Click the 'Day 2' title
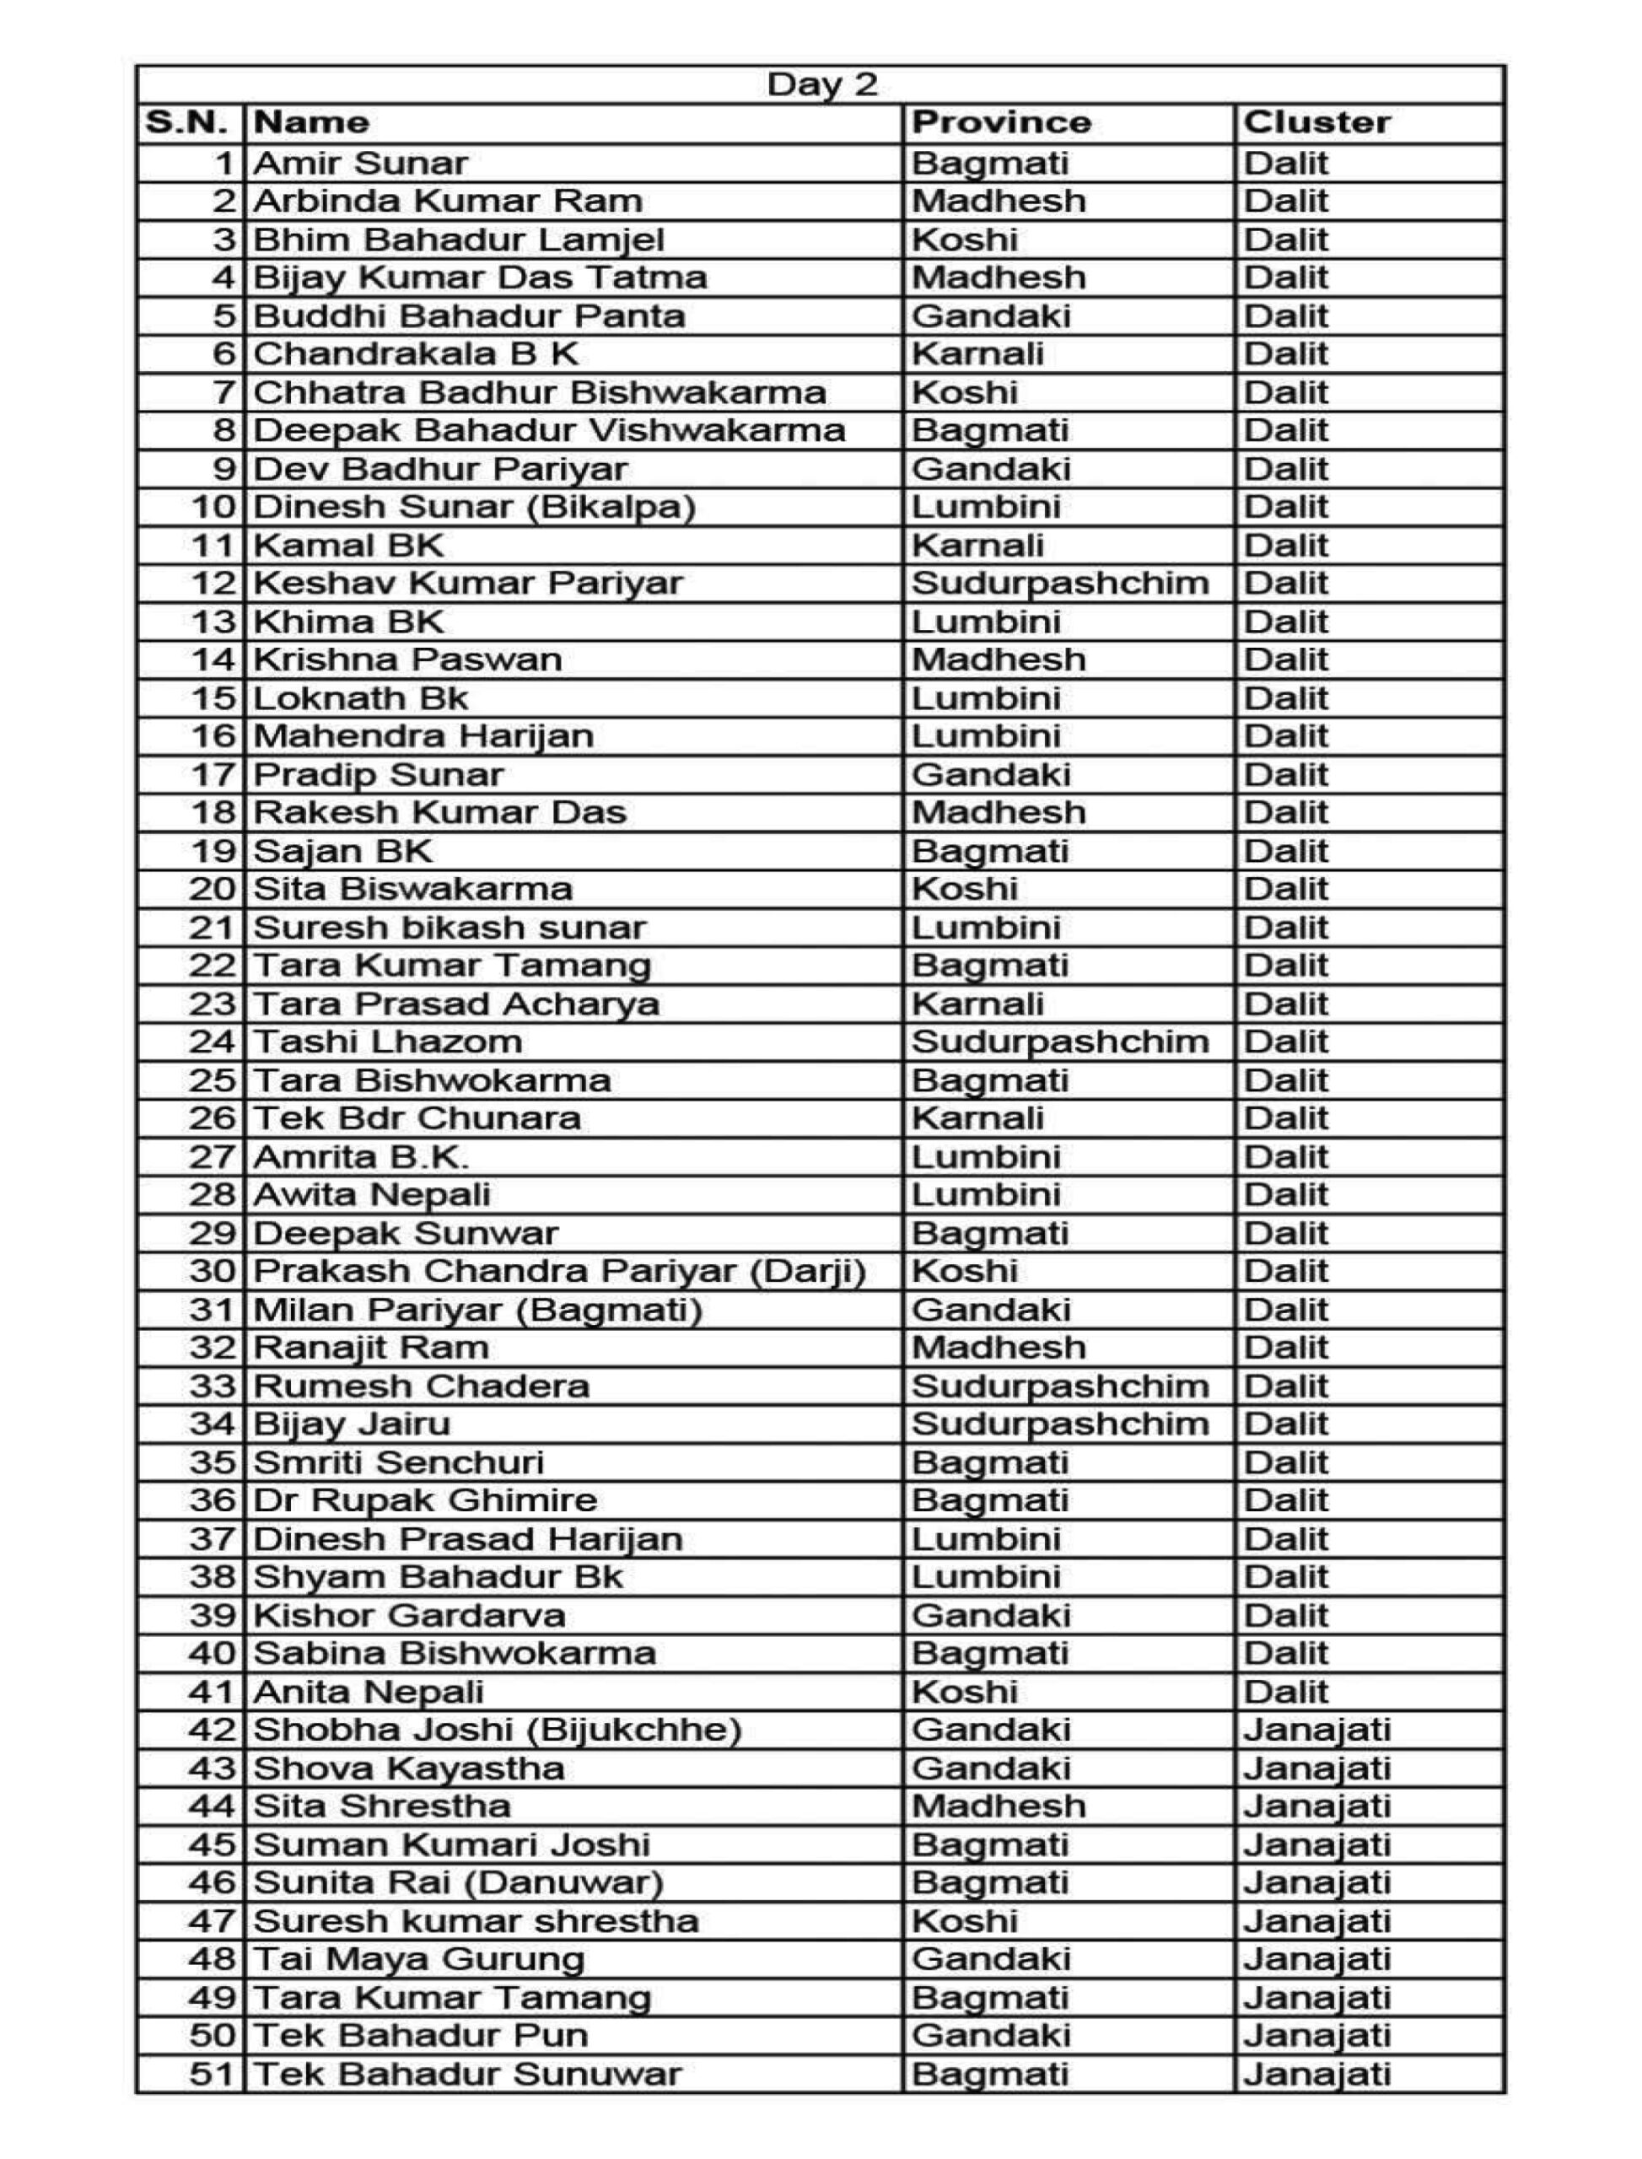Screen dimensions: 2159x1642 pos(821,85)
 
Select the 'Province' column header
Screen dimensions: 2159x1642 pos(1000,123)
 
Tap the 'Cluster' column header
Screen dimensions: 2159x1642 pos(1316,123)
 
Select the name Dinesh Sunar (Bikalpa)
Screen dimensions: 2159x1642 pos(474,507)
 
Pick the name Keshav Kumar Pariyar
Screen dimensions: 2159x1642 pos(467,584)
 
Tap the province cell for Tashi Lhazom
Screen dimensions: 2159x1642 pos(1059,1042)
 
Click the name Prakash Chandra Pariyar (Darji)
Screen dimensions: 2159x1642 pos(559,1272)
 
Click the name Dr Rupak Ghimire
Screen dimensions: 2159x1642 pos(425,1500)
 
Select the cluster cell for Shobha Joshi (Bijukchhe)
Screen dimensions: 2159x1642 pos(1316,1730)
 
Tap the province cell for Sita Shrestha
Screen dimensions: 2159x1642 pos(998,1806)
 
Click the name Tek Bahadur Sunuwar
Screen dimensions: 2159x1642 pos(466,2074)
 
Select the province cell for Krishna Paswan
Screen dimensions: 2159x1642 pos(998,660)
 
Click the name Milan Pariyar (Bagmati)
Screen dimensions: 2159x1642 pos(478,1310)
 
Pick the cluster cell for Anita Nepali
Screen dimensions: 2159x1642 pos(1285,1692)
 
